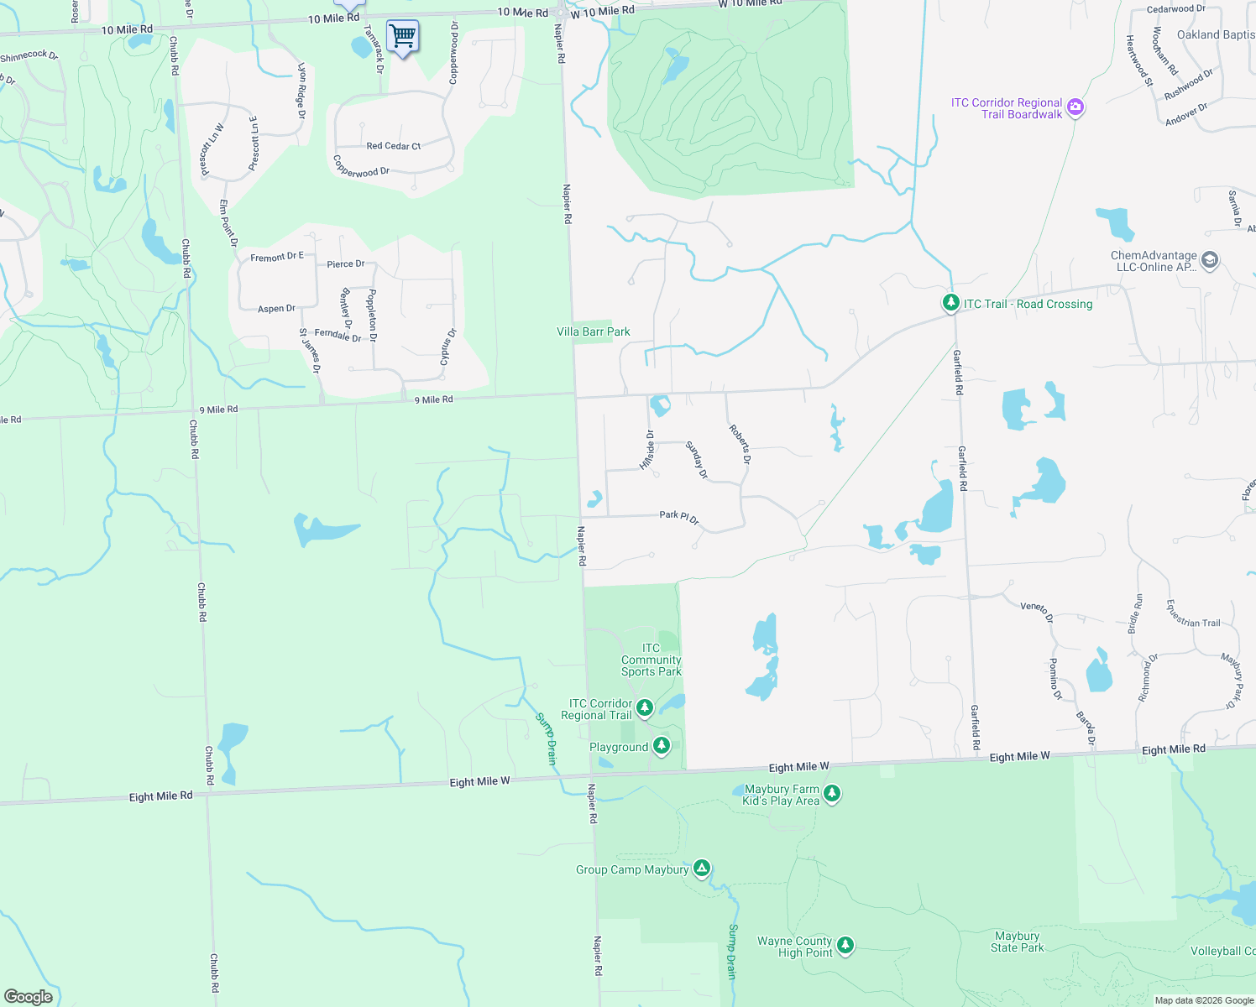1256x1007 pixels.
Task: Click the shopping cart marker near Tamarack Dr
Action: [x=402, y=36]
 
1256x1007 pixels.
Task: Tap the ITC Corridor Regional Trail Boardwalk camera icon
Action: [x=1075, y=108]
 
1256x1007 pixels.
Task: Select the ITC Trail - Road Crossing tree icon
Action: [x=950, y=303]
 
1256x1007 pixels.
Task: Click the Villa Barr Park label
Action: [x=594, y=331]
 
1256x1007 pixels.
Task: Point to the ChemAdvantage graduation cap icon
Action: [x=1209, y=260]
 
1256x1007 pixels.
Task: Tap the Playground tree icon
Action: [x=662, y=745]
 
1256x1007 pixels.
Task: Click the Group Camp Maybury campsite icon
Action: [x=702, y=868]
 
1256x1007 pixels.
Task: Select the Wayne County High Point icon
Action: [x=845, y=945]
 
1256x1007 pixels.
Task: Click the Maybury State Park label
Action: [x=1017, y=942]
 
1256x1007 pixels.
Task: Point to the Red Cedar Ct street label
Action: [x=394, y=146]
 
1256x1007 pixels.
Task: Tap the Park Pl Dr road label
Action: [x=679, y=517]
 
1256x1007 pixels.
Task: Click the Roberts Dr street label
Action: [x=740, y=444]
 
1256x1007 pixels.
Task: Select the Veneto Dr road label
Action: [x=1037, y=610]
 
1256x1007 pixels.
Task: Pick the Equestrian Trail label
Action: [x=1193, y=613]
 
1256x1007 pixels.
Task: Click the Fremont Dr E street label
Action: [x=277, y=257]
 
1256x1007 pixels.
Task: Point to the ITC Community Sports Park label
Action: [x=652, y=660]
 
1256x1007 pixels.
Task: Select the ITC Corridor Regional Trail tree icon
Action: [x=645, y=707]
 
